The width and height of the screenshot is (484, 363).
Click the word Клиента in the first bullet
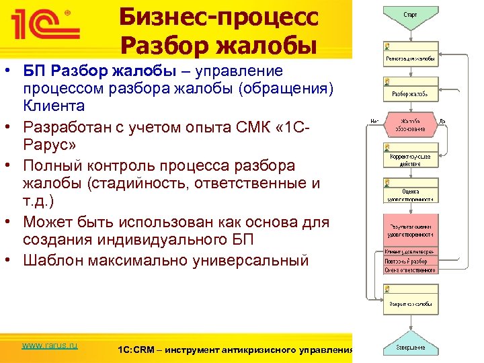[x=54, y=106]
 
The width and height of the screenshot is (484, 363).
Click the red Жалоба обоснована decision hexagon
[x=410, y=124]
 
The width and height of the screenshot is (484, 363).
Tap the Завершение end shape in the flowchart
[x=410, y=348]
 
